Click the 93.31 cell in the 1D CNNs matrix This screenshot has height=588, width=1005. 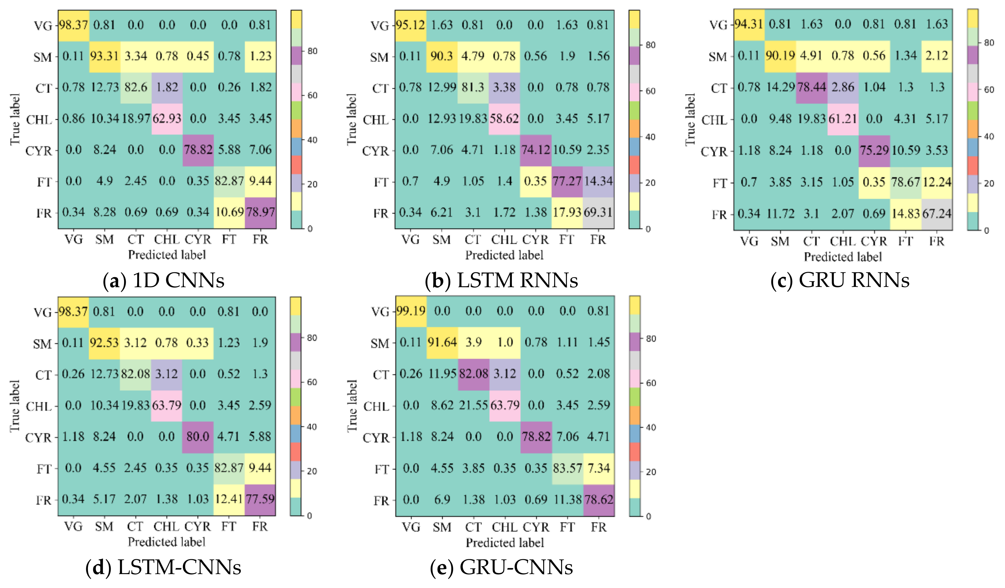click(x=104, y=56)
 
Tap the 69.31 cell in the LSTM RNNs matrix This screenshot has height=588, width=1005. click(x=598, y=212)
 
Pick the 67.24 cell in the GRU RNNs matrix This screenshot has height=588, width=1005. click(x=937, y=214)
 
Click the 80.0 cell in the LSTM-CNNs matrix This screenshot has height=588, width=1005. click(x=198, y=436)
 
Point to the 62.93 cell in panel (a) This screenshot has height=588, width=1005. click(x=167, y=119)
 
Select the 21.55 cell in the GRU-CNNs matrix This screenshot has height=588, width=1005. click(x=473, y=405)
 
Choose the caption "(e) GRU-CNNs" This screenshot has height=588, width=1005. click(x=501, y=567)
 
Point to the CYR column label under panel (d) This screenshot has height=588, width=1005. click(x=197, y=527)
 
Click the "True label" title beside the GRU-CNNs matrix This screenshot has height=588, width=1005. click(x=351, y=406)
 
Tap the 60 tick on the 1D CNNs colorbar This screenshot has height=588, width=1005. click(x=312, y=96)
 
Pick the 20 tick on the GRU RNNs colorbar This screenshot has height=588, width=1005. click(x=989, y=183)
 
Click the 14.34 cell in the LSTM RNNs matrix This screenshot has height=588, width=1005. click(x=598, y=181)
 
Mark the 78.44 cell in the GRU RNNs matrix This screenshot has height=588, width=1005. click(x=811, y=87)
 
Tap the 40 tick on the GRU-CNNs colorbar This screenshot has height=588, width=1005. click(x=651, y=427)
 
